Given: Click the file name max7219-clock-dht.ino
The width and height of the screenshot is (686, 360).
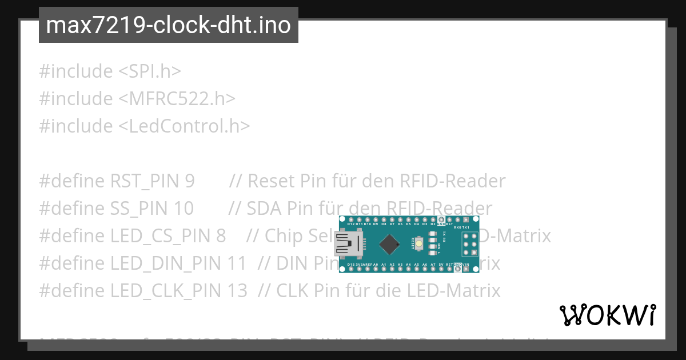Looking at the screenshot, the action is (168, 26).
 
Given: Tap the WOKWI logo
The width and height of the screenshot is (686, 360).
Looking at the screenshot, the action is (608, 315).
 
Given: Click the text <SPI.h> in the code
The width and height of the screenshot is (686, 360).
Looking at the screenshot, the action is (150, 71).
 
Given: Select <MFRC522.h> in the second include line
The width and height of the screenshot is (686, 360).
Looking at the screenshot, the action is (177, 99).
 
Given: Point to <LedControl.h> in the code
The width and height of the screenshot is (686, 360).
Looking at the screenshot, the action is (184, 126).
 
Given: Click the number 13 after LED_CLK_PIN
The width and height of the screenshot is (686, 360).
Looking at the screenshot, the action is (237, 291).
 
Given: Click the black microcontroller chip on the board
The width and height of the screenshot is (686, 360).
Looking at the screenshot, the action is (390, 244).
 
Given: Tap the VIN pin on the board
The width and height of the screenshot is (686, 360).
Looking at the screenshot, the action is (466, 269).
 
